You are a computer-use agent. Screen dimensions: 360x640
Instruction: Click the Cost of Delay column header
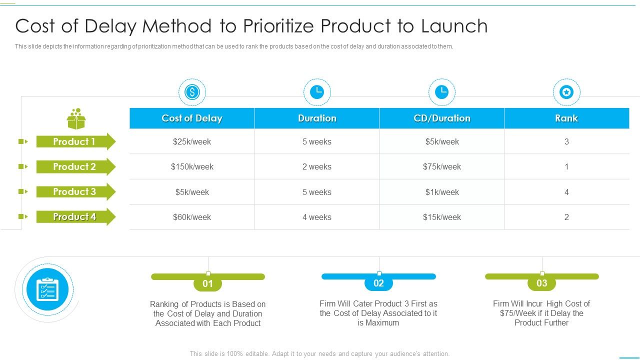click(192, 118)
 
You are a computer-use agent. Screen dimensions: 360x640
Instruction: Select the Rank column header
click(566, 118)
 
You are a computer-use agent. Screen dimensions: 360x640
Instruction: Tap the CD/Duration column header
click(442, 118)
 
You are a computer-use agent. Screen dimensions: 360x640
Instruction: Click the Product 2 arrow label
click(75, 166)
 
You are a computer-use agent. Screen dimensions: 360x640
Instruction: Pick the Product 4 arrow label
click(75, 216)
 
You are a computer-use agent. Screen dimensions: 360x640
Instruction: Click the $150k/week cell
click(192, 166)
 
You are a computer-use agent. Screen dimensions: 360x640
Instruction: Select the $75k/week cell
click(442, 166)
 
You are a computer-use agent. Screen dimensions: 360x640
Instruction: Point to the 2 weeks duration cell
click(316, 166)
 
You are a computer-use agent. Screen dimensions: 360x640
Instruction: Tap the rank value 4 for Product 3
click(566, 192)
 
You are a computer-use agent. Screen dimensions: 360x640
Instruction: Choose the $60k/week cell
click(192, 217)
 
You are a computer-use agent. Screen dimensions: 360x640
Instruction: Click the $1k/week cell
click(442, 192)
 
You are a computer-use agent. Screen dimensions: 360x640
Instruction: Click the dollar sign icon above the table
click(192, 92)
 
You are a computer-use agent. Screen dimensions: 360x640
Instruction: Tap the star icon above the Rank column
click(566, 92)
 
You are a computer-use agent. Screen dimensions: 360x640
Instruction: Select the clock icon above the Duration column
click(316, 92)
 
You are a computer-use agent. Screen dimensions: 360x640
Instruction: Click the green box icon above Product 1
click(76, 119)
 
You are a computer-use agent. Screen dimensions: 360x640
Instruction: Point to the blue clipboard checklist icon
click(47, 289)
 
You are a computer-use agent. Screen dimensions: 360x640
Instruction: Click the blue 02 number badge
click(378, 283)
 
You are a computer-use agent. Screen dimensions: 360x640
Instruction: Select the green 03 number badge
click(541, 283)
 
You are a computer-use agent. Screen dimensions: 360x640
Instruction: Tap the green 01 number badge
click(207, 284)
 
